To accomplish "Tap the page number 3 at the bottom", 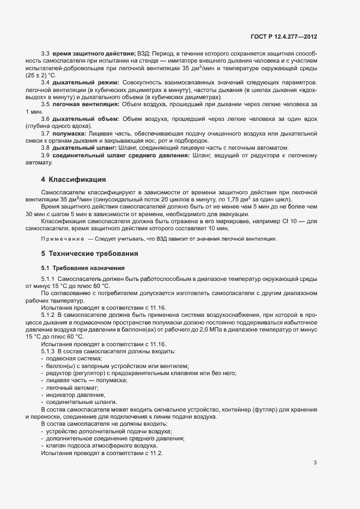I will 315,463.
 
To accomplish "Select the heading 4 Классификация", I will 73,179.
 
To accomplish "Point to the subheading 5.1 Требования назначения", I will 83,268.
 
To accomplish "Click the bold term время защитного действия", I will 94,54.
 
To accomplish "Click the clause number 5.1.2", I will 49,315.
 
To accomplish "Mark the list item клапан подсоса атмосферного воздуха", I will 96,445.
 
